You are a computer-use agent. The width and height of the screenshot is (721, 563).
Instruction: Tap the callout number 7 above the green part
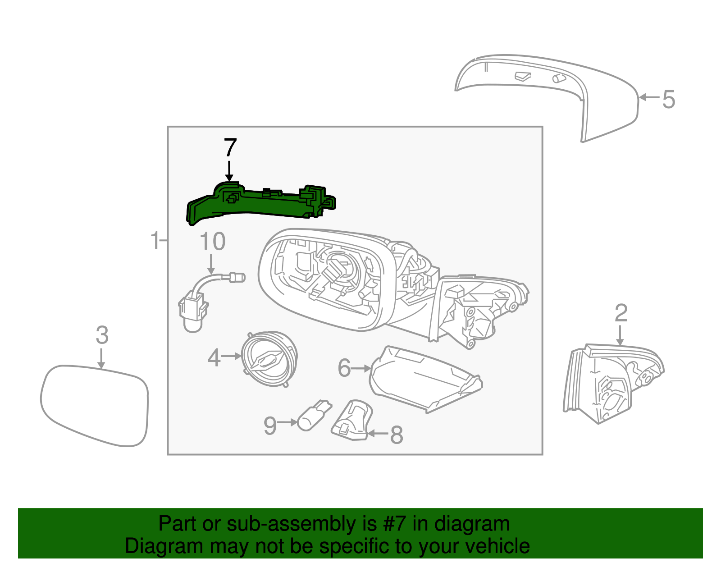pyautogui.click(x=230, y=148)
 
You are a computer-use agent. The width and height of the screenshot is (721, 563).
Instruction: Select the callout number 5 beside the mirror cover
pyautogui.click(x=668, y=99)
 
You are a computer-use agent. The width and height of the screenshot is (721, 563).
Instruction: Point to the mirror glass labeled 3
pyautogui.click(x=95, y=406)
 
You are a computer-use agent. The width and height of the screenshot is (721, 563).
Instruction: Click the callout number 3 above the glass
pyautogui.click(x=102, y=335)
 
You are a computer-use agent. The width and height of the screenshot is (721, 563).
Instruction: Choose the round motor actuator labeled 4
pyautogui.click(x=269, y=359)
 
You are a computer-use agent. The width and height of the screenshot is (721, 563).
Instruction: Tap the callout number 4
pyautogui.click(x=214, y=358)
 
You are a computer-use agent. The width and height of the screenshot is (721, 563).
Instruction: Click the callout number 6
pyautogui.click(x=344, y=368)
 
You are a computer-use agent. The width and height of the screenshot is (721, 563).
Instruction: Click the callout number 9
pyautogui.click(x=270, y=426)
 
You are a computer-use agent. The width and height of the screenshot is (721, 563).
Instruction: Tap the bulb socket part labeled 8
pyautogui.click(x=352, y=420)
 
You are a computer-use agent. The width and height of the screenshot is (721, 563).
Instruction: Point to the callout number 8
pyautogui.click(x=396, y=435)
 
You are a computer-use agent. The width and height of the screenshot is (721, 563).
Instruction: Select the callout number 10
pyautogui.click(x=212, y=242)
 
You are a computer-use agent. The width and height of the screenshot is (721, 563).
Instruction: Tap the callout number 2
pyautogui.click(x=621, y=313)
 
